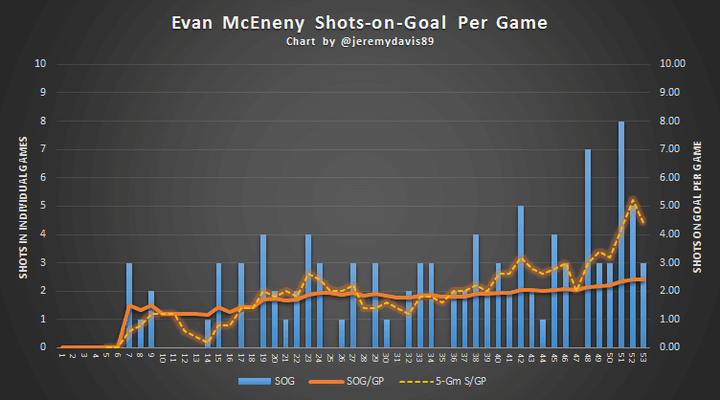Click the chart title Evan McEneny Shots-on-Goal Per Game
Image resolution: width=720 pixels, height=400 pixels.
click(x=359, y=22)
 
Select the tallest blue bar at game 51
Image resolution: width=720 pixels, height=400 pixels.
click(x=621, y=234)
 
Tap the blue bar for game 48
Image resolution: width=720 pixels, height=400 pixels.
click(x=588, y=249)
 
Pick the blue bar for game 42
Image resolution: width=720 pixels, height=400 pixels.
click(x=521, y=277)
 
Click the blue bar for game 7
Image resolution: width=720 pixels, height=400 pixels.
click(x=129, y=305)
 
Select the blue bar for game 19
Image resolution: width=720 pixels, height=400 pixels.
click(x=263, y=291)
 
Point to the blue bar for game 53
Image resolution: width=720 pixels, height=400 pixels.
click(x=643, y=305)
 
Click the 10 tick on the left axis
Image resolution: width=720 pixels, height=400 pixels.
click(x=39, y=65)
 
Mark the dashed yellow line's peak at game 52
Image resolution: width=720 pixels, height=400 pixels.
click(x=632, y=199)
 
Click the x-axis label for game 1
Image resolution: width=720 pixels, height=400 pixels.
click(x=61, y=357)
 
